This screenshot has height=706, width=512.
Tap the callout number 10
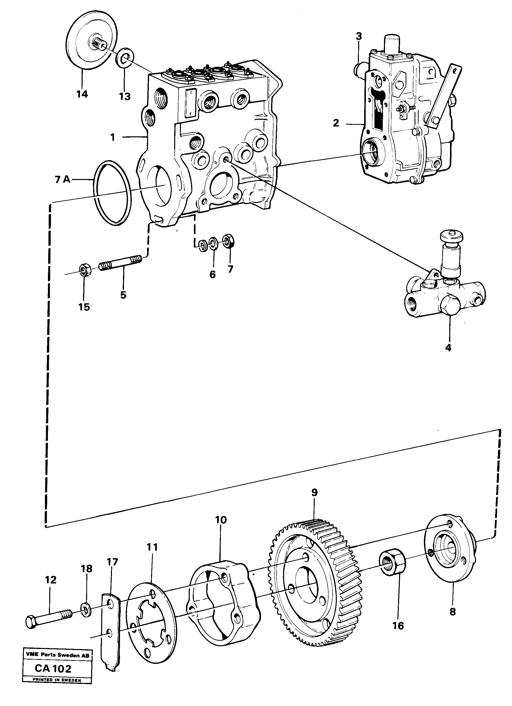221,519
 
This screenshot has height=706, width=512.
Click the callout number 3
359,36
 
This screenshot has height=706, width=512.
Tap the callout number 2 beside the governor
336,123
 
